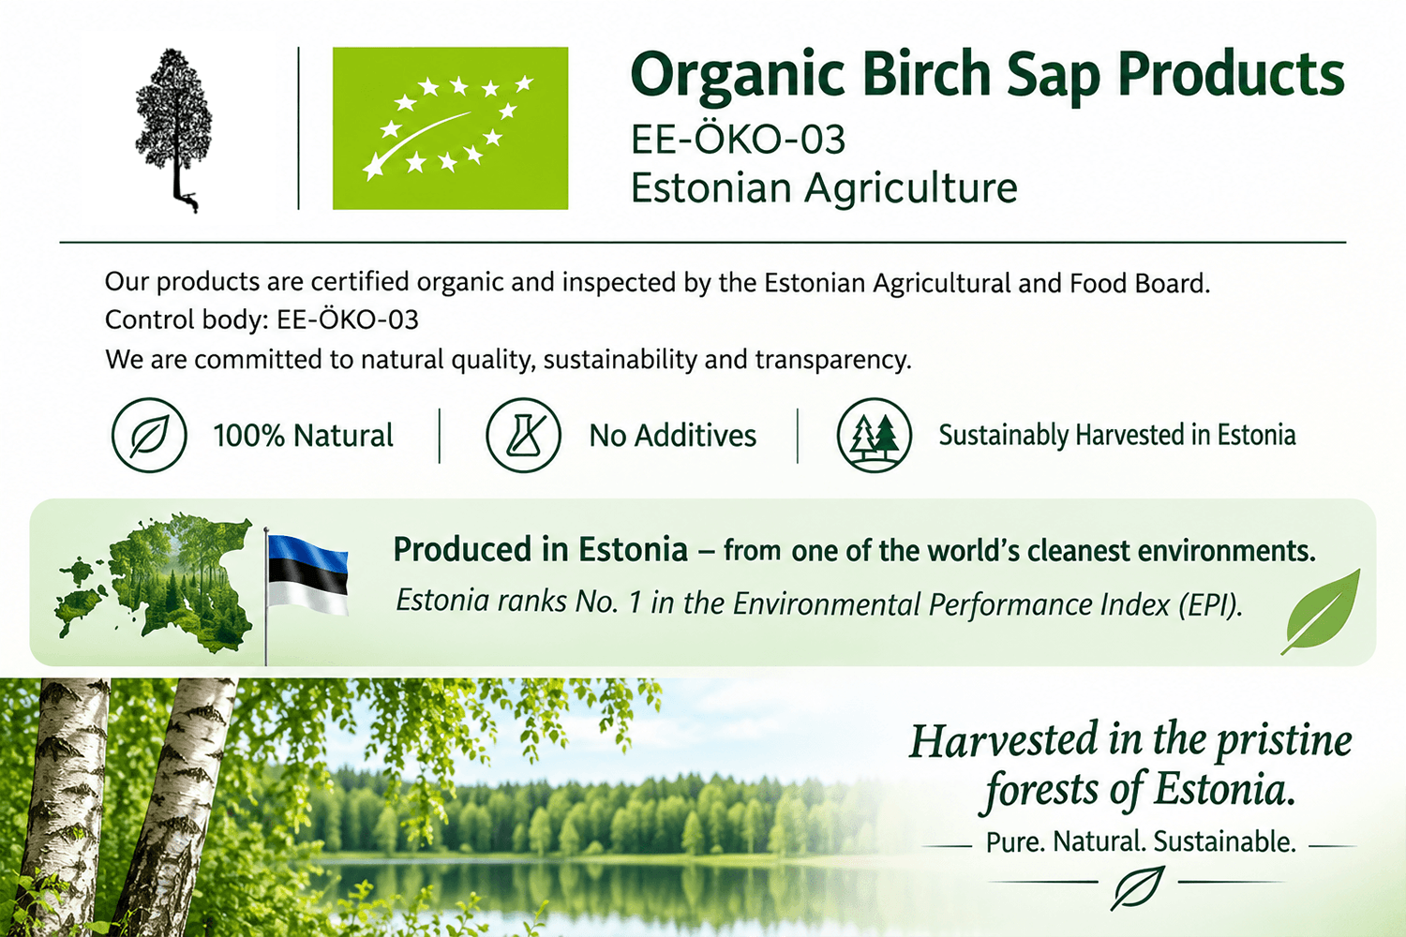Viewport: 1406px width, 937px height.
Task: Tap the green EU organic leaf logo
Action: [x=450, y=128]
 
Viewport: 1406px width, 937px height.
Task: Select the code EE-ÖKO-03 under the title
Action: [x=739, y=139]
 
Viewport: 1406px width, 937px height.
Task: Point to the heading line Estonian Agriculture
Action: [x=824, y=188]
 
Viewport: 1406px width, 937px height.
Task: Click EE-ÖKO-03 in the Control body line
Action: [x=348, y=320]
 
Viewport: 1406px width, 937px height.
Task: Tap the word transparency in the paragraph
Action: [x=833, y=360]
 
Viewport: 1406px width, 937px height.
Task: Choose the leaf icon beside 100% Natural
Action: [x=149, y=435]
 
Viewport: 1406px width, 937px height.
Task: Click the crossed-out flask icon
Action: [x=523, y=435]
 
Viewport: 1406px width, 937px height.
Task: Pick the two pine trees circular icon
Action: [x=874, y=435]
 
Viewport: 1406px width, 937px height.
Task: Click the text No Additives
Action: [x=673, y=436]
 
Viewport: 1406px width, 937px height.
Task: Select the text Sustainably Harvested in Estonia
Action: [x=1117, y=435]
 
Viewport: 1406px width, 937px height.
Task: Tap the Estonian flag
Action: [x=307, y=574]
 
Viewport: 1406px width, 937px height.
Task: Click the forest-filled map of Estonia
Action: [x=155, y=583]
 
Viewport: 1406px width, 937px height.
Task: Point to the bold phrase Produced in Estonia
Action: [x=541, y=549]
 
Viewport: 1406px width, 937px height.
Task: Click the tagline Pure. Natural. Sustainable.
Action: [x=1141, y=841]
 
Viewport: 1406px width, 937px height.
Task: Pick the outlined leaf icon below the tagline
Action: [x=1138, y=886]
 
